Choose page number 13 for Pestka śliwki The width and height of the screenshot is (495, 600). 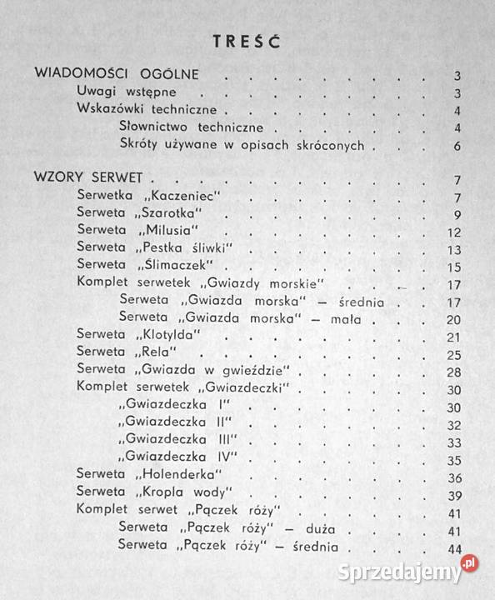(x=454, y=249)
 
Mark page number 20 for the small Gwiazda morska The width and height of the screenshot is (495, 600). (x=453, y=319)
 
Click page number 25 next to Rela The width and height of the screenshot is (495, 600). (x=453, y=354)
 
